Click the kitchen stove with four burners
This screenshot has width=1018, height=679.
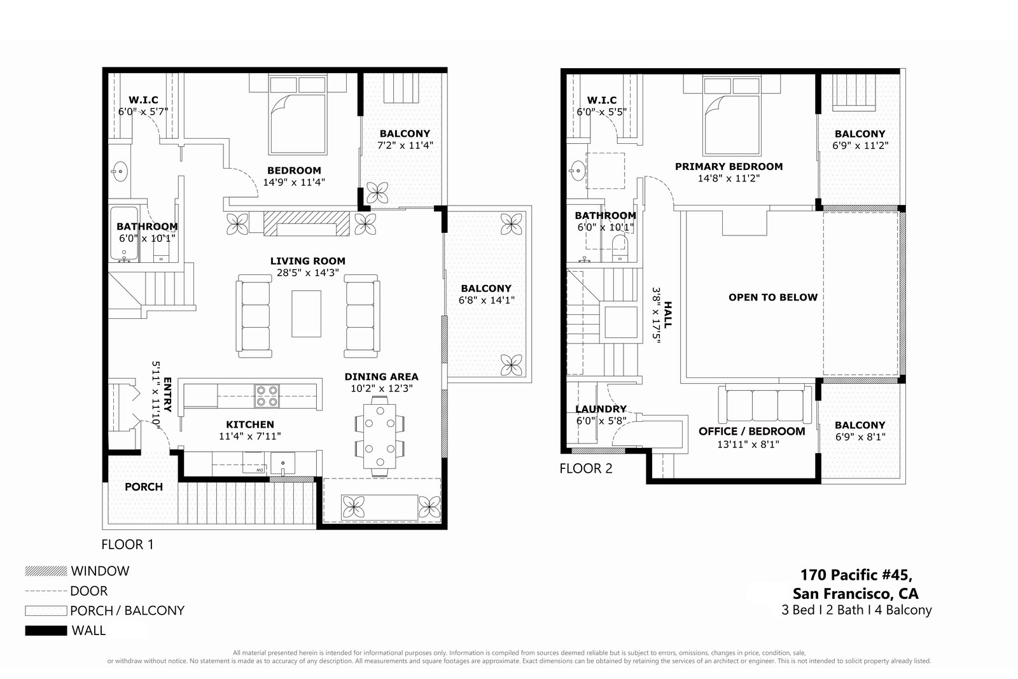(267, 396)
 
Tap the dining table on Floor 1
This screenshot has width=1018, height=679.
(379, 436)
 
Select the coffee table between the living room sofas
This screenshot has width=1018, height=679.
(306, 314)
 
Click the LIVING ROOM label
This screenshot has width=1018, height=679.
(308, 261)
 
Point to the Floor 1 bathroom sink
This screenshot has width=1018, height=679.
(120, 172)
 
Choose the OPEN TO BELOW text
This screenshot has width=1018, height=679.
(773, 297)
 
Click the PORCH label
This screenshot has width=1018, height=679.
(144, 487)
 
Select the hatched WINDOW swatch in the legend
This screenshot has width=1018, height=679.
(46, 571)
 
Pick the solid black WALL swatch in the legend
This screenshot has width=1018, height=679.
(46, 631)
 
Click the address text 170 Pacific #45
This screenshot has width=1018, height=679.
(856, 575)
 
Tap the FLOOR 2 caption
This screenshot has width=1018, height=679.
(586, 468)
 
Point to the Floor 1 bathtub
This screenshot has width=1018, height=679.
(124, 234)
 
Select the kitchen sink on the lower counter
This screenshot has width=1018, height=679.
(282, 463)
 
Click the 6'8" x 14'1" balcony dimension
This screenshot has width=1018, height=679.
(486, 300)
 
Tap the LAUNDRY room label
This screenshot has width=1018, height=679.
(601, 409)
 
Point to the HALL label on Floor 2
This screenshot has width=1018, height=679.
(667, 315)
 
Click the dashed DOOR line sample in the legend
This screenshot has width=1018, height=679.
(46, 591)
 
